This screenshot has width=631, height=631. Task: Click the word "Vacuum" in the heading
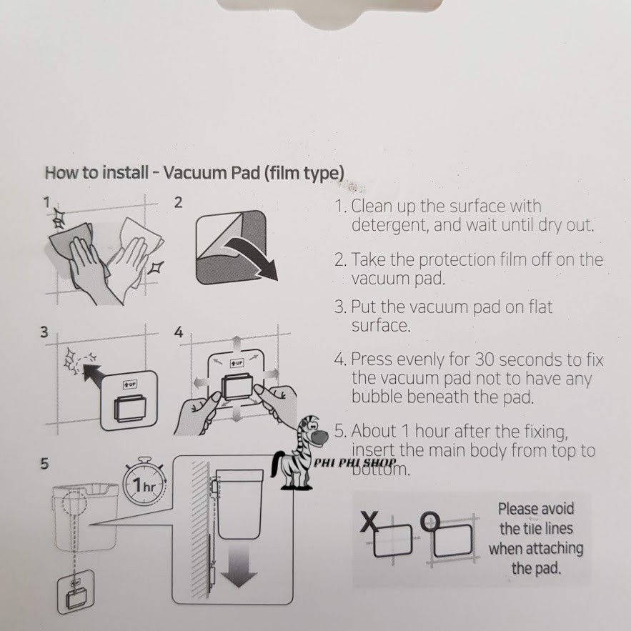[195, 173]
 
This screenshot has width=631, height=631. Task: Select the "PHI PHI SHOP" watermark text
[355, 462]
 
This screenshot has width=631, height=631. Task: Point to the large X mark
[369, 522]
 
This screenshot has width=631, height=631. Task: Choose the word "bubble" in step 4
[377, 397]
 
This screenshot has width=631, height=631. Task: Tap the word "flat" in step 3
[540, 307]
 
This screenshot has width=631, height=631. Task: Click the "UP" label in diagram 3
[130, 384]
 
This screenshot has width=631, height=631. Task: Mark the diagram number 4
[178, 332]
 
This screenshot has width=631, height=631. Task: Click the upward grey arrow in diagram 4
[237, 343]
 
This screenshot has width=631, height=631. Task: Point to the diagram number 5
[44, 464]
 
